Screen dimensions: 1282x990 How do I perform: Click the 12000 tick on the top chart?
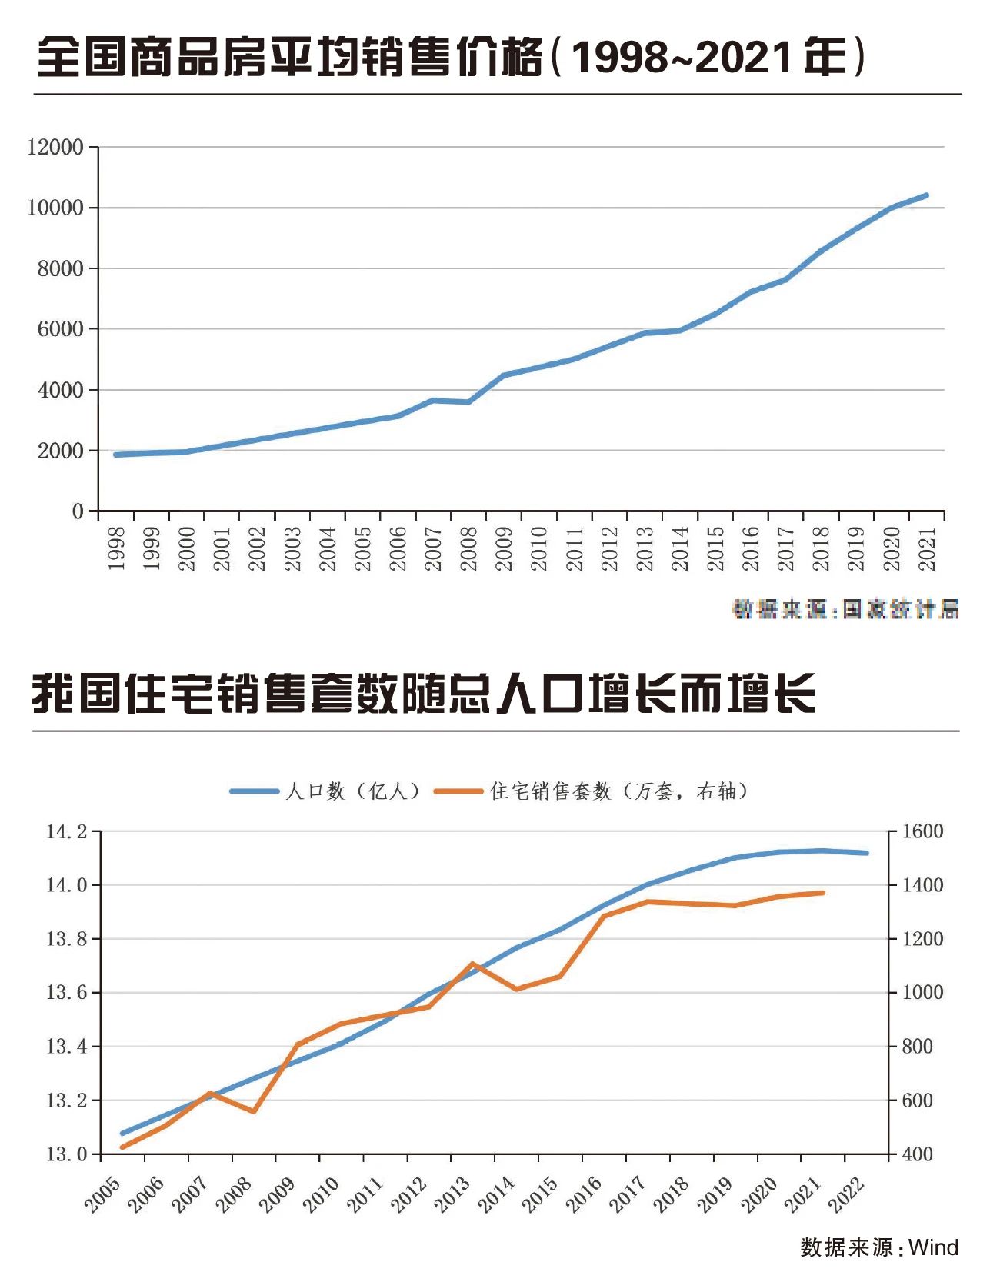click(55, 147)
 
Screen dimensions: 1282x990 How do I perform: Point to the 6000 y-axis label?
click(60, 329)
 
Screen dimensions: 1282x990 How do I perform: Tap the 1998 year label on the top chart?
click(117, 548)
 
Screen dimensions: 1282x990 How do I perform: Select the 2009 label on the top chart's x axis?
click(505, 548)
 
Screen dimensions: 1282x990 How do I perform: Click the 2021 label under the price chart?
click(928, 548)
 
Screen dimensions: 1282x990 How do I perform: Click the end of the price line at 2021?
click(926, 195)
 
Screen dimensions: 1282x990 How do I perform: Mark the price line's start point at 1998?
click(116, 455)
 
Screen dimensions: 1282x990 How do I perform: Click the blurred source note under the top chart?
click(845, 610)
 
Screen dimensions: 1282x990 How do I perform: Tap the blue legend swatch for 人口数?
click(254, 791)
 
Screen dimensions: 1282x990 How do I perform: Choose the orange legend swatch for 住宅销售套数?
click(458, 791)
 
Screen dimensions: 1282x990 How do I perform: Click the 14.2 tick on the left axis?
click(67, 831)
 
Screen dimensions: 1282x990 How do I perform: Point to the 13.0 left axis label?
click(67, 1154)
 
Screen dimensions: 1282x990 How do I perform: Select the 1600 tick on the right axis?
click(922, 831)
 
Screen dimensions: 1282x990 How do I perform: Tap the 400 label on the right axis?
click(917, 1154)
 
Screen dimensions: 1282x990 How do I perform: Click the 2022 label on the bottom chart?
click(848, 1195)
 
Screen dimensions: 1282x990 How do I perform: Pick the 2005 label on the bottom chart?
click(103, 1195)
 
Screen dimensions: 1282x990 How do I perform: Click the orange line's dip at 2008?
click(254, 1111)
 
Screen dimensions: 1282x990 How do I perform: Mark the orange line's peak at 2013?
click(472, 964)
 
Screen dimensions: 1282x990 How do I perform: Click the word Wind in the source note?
click(933, 1247)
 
